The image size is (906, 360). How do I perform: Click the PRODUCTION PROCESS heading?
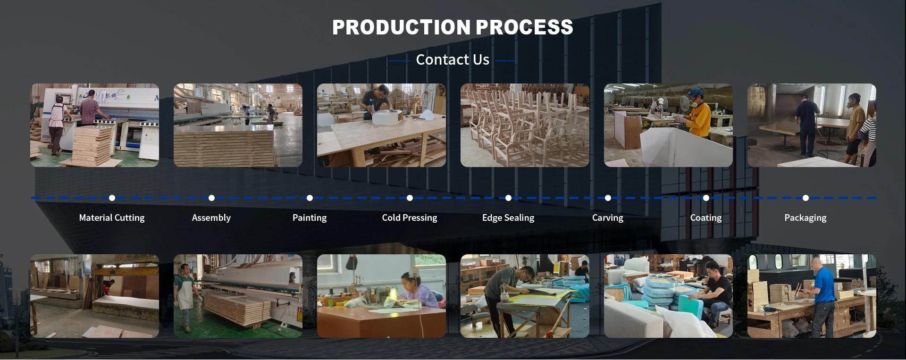point(453,27)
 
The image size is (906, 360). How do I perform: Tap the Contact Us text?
point(453,60)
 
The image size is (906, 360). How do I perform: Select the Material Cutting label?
point(112,218)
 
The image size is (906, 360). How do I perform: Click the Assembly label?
point(211,218)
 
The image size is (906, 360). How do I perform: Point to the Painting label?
point(310,218)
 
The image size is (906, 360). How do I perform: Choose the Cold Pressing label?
point(410,218)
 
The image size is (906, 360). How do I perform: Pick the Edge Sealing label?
point(508,218)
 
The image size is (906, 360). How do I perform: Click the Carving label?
point(608,218)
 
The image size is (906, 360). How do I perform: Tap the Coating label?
point(706,218)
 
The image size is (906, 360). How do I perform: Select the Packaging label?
point(805,218)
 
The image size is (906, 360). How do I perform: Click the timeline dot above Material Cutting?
point(112,198)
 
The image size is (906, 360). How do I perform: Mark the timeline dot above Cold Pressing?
point(410,198)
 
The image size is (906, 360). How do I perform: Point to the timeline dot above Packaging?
point(805,198)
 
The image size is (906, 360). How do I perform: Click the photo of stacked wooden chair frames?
point(525,126)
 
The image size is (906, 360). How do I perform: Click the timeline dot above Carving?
point(608,198)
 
